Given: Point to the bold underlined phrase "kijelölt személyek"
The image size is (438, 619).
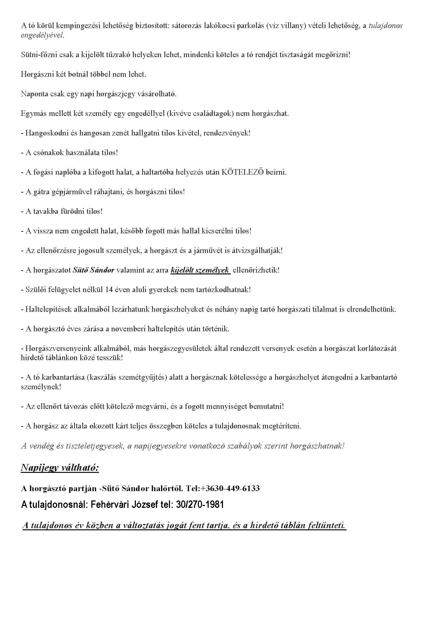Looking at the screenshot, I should [200, 270].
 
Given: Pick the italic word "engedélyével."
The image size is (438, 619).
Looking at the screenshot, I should [43, 35].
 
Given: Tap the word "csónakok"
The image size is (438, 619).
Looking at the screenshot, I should [48, 153].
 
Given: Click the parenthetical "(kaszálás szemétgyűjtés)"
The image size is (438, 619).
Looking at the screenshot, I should [128, 377].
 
